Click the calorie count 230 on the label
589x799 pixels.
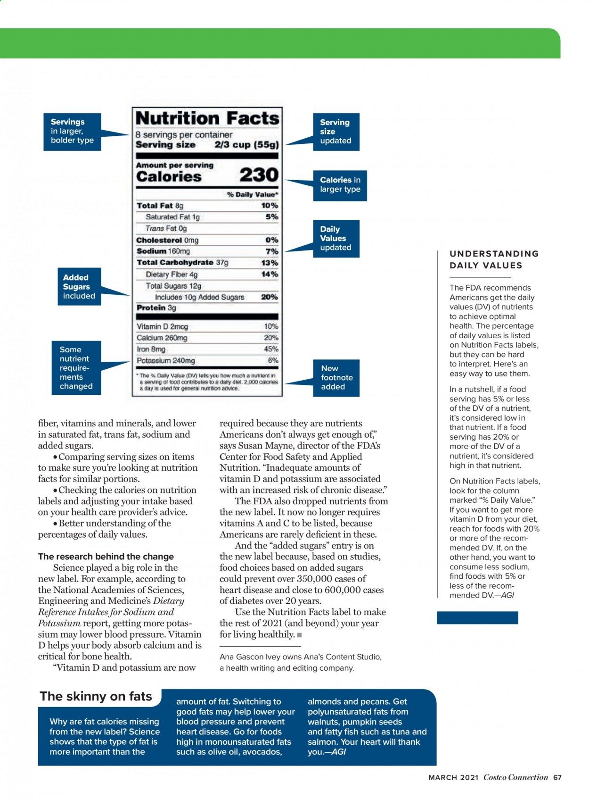pyautogui.click(x=259, y=175)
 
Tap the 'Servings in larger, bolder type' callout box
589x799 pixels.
pyautogui.click(x=72, y=132)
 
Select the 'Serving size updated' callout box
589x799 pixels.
pyautogui.click(x=336, y=132)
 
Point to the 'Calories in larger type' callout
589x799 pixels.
pyautogui.click(x=340, y=184)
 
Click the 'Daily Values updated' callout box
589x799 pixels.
pyautogui.click(x=336, y=239)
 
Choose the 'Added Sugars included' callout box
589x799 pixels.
pyautogui.click(x=79, y=287)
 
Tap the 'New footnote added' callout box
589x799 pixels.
pyautogui.click(x=336, y=378)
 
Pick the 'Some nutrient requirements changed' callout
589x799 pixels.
pyautogui.click(x=76, y=368)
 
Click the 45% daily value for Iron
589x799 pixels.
pyautogui.click(x=271, y=350)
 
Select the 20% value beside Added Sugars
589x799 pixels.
pyautogui.click(x=270, y=297)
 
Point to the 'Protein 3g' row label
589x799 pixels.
pyautogui.click(x=156, y=308)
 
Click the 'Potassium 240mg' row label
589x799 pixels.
pyautogui.click(x=165, y=361)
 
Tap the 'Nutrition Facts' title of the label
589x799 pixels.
pyautogui.click(x=207, y=118)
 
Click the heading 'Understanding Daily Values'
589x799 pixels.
pyautogui.click(x=494, y=259)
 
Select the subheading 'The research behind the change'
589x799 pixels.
pyautogui.click(x=106, y=557)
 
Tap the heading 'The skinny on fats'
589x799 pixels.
pyautogui.click(x=96, y=697)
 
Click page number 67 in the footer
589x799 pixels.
pyautogui.click(x=557, y=778)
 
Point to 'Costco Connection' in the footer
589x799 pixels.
pyautogui.click(x=515, y=778)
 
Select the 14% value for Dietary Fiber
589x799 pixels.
pyautogui.click(x=270, y=275)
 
